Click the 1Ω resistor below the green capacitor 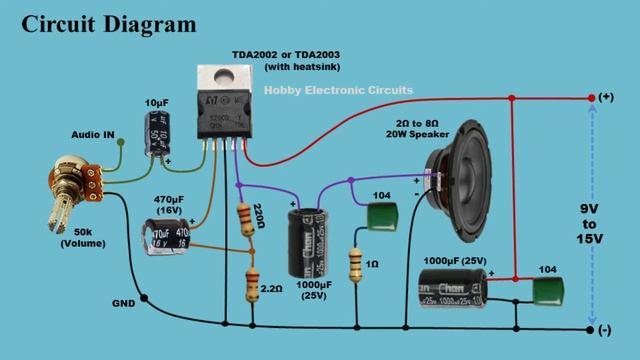click(355, 264)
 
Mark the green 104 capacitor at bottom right click(545, 291)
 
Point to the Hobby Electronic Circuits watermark click(338, 91)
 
